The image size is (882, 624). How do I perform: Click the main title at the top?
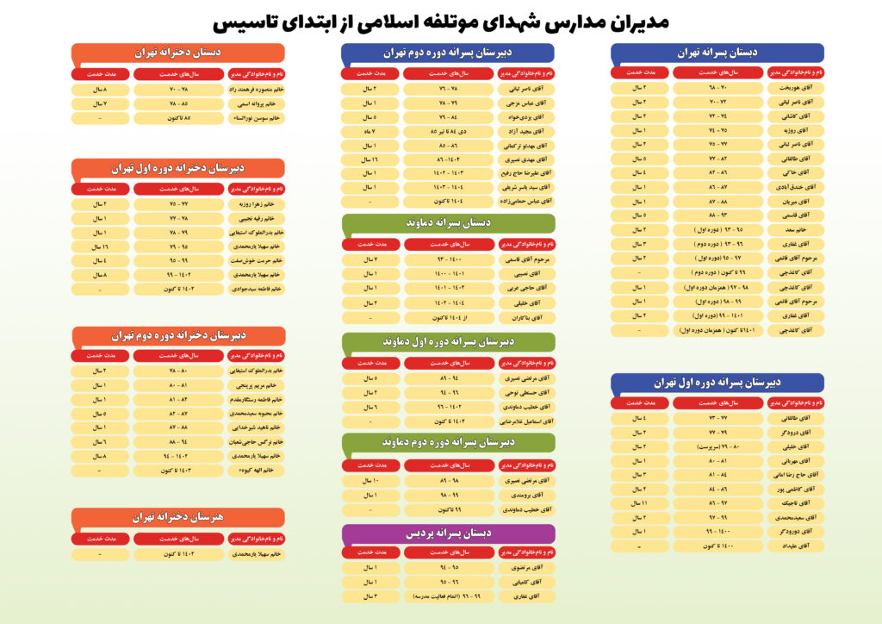[x=441, y=21]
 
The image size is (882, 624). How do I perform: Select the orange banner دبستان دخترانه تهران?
[x=177, y=53]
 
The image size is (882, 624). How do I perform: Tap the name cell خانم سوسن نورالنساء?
[x=257, y=117]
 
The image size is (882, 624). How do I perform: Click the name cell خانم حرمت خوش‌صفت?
[x=257, y=260]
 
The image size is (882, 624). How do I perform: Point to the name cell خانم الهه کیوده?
[x=257, y=471]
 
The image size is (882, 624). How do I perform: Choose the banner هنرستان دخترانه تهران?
[x=177, y=517]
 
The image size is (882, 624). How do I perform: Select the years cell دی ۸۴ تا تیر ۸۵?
[x=448, y=130]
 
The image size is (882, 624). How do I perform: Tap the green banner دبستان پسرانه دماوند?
[x=448, y=223]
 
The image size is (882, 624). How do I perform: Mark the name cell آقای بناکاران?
[x=527, y=317]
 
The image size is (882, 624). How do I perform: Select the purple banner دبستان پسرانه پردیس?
[x=448, y=534]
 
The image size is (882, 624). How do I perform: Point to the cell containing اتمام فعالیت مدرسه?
[x=448, y=596]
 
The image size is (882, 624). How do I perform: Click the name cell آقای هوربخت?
[x=795, y=88]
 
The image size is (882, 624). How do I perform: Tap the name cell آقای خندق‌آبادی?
[x=795, y=187]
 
